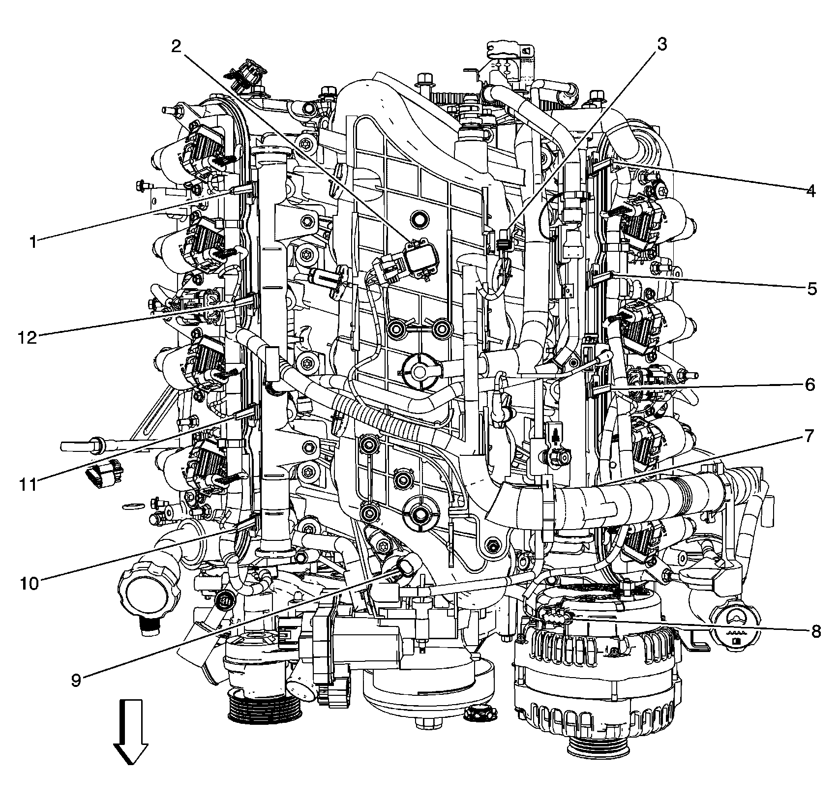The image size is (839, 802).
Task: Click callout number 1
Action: coord(33,242)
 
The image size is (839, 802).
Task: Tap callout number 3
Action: coord(662,44)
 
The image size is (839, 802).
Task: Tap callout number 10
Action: coord(30,583)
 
